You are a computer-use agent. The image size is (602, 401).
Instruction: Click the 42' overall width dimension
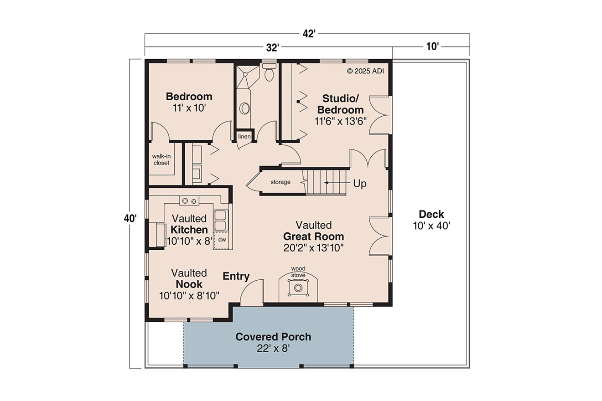tap(309, 34)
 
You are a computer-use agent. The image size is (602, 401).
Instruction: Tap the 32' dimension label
tap(273, 46)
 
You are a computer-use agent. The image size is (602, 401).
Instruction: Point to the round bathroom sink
tap(245, 108)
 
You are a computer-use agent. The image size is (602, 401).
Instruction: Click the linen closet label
tap(244, 136)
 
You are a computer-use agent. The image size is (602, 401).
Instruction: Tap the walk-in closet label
tap(161, 159)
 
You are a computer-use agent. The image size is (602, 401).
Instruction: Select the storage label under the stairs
tap(280, 182)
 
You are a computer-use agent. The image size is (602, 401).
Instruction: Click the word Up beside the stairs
tap(360, 184)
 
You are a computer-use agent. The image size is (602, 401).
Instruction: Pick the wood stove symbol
tap(298, 288)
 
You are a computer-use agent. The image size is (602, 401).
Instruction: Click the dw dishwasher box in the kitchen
tap(222, 239)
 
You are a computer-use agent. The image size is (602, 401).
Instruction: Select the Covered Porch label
tap(273, 337)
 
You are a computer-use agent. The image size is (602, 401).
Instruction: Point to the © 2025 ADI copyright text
tap(366, 71)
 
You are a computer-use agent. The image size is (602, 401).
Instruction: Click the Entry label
tap(236, 276)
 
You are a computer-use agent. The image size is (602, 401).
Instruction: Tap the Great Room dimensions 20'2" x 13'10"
tap(313, 247)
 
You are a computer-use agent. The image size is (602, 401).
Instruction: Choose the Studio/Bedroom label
tap(341, 104)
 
